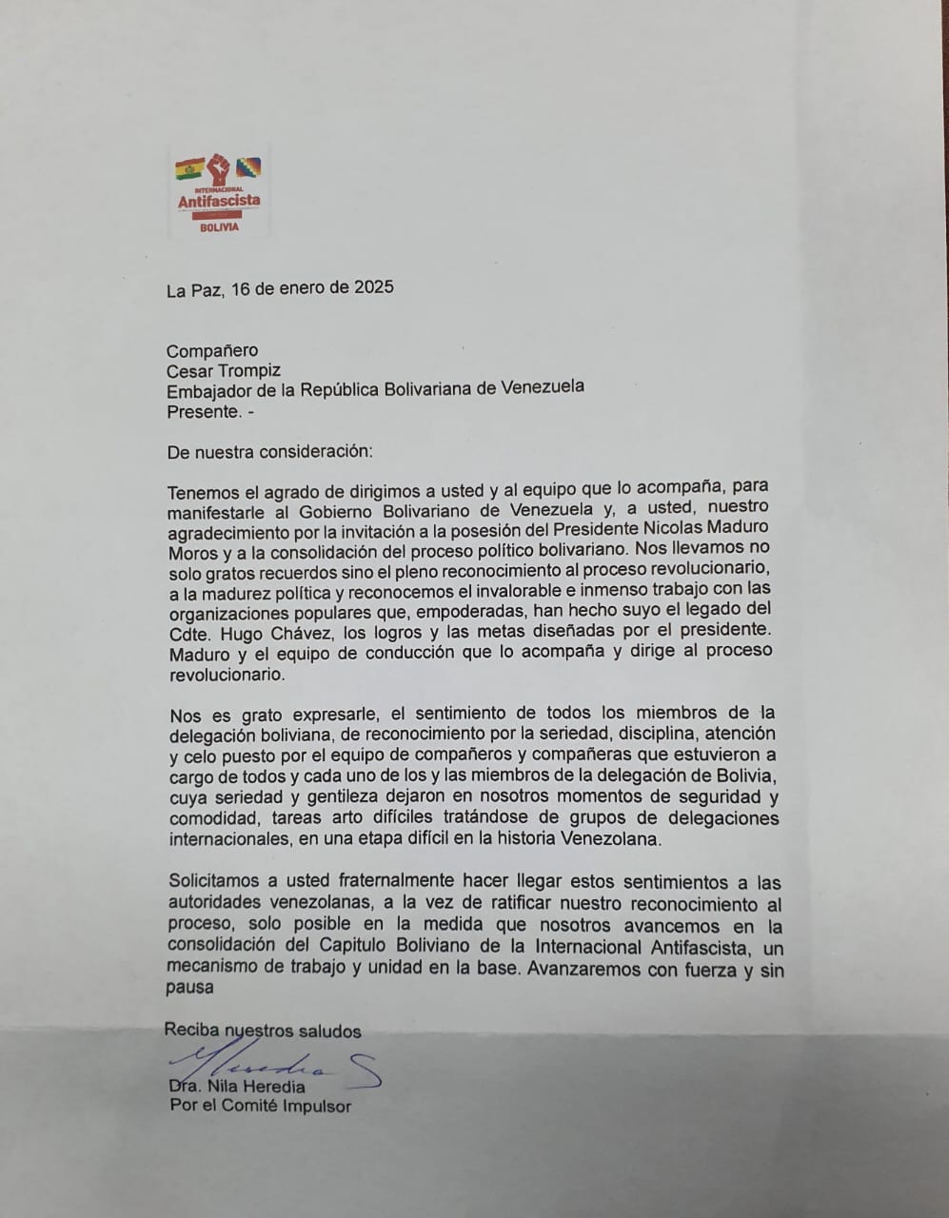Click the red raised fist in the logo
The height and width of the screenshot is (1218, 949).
(x=219, y=170)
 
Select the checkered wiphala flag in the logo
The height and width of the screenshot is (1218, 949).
(x=249, y=168)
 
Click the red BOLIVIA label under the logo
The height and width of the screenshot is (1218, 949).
(x=220, y=227)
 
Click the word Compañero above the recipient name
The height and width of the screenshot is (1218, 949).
(x=212, y=350)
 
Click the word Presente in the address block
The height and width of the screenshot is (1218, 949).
(x=201, y=411)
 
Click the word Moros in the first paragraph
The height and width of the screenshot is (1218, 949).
(x=194, y=549)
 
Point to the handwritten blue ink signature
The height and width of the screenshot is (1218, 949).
(x=276, y=1064)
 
